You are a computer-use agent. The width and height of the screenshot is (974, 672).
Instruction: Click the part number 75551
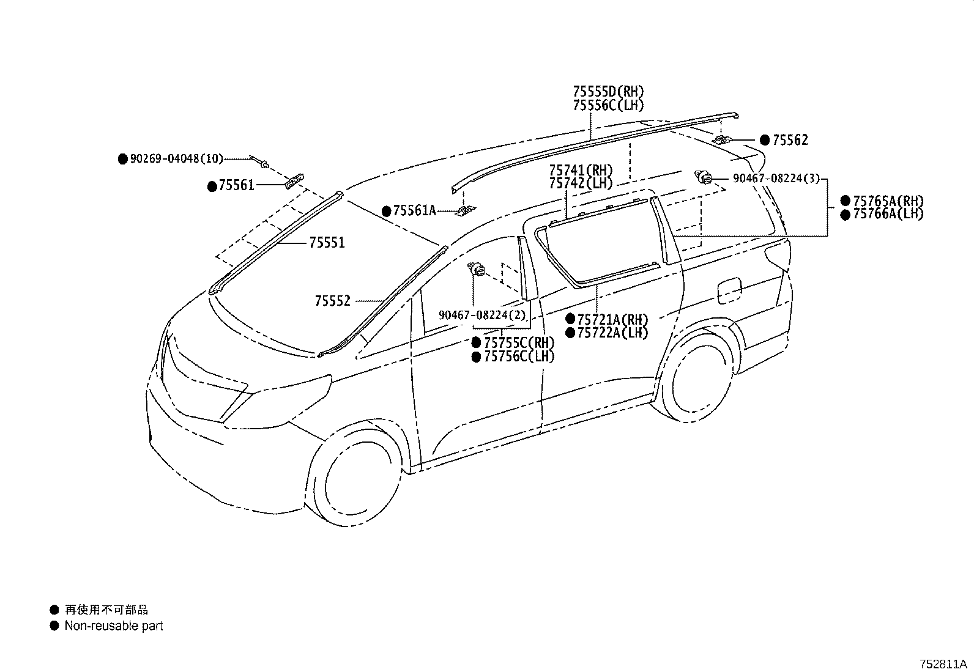(x=327, y=243)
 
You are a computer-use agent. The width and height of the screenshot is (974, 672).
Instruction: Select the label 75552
(x=333, y=301)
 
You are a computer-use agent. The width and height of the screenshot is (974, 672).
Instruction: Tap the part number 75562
(x=790, y=141)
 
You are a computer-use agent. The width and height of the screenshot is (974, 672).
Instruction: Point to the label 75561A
(x=414, y=211)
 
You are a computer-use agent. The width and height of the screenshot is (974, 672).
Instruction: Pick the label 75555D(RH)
(x=608, y=92)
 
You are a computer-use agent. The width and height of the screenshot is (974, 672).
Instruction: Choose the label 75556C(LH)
(x=608, y=105)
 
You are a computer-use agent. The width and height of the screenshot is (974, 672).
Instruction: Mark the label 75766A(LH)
(x=888, y=214)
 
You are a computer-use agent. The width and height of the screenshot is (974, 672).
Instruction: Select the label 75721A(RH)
(x=612, y=319)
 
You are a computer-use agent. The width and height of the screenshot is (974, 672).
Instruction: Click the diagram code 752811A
(x=943, y=664)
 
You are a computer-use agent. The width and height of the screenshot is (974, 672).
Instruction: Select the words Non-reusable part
(x=114, y=626)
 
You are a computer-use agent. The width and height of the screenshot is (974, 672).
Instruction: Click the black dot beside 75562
(x=764, y=141)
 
